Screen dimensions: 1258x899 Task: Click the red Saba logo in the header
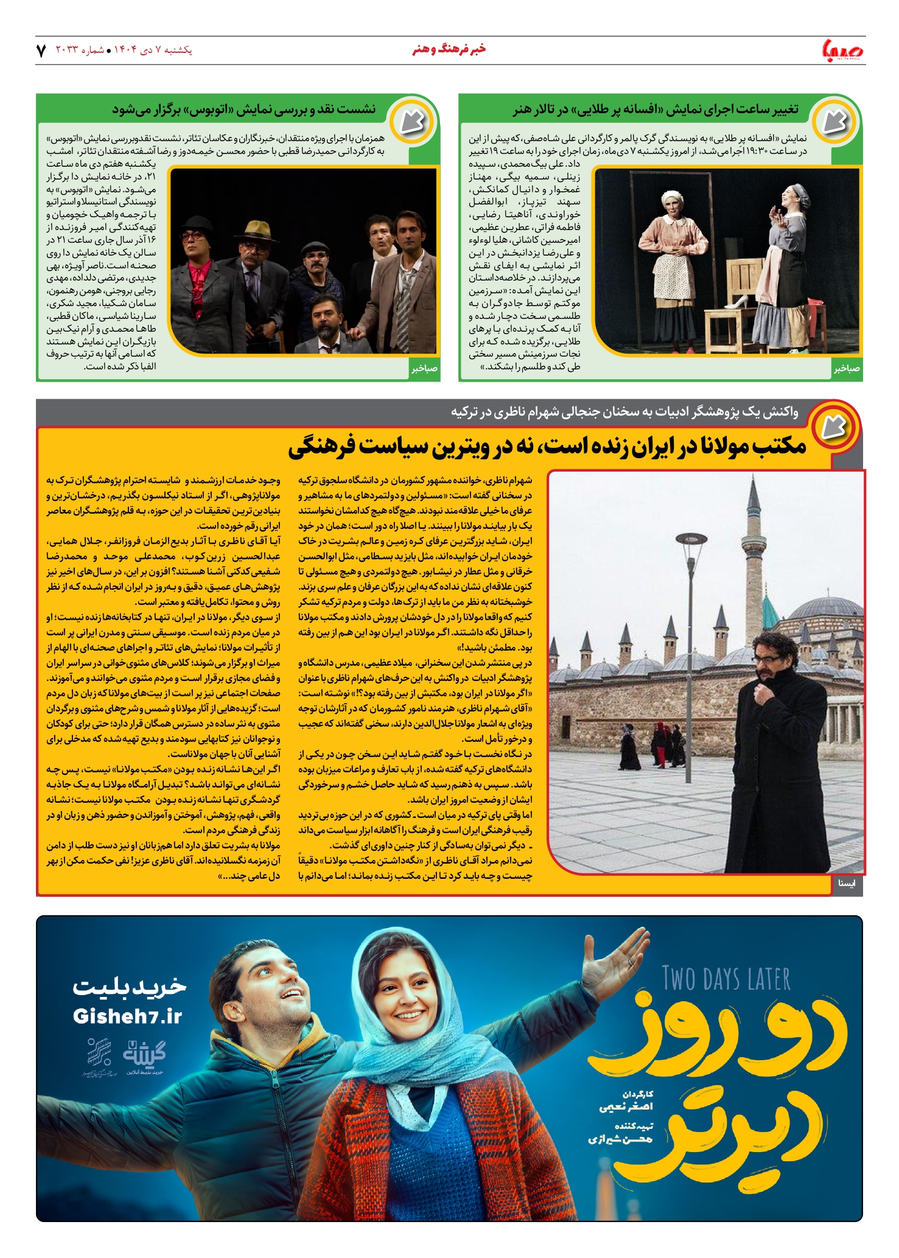point(842,50)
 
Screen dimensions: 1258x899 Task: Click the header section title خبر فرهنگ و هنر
point(449,49)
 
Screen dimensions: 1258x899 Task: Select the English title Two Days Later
point(726,979)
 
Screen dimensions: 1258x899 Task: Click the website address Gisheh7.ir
point(127,1016)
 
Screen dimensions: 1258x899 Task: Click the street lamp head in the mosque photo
point(691,539)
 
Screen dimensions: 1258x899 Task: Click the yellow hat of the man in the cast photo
point(257,229)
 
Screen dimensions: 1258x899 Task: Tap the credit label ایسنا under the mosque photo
point(847,883)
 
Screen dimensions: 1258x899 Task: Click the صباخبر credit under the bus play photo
point(424,369)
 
